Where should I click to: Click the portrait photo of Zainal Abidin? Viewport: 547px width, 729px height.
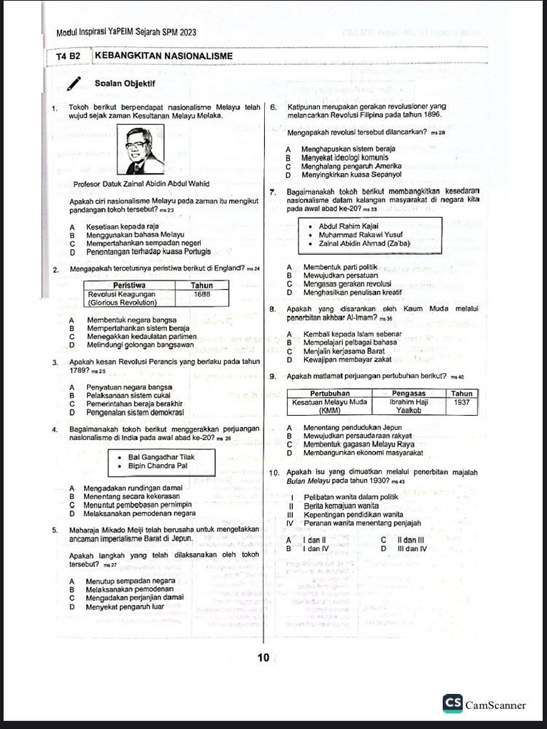(140, 150)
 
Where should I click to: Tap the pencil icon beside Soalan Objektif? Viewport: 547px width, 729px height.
(74, 85)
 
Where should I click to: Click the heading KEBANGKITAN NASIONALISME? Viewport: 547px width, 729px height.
(164, 56)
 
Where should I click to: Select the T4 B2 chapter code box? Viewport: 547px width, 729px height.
(69, 56)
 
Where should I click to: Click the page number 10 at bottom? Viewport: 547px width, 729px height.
(264, 658)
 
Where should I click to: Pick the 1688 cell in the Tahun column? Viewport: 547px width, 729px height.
(202, 294)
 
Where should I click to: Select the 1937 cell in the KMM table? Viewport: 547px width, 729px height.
(461, 402)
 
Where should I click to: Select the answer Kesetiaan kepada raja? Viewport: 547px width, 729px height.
(123, 226)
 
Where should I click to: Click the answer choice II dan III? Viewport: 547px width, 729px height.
(410, 540)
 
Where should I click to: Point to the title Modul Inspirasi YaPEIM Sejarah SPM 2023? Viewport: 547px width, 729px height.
(126, 33)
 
